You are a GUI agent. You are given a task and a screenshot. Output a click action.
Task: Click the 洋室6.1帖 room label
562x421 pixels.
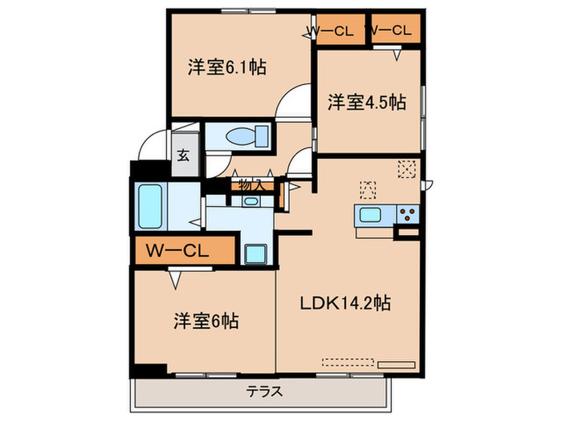coord(227,67)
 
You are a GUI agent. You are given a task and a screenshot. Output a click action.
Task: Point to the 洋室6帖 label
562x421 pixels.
coord(205,321)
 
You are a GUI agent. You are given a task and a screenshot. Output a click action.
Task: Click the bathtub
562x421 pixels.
coord(150,207)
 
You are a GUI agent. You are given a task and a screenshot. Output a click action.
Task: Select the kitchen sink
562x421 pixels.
coord(372,215)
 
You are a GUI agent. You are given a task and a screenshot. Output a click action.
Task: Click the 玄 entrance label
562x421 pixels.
coord(183,155)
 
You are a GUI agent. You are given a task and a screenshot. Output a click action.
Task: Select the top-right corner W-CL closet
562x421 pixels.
coord(393,30)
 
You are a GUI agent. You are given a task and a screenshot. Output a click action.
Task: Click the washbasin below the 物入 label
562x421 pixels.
coord(250,200)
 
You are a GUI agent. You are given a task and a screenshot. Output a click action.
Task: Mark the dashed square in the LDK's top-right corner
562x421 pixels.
coord(407,168)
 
